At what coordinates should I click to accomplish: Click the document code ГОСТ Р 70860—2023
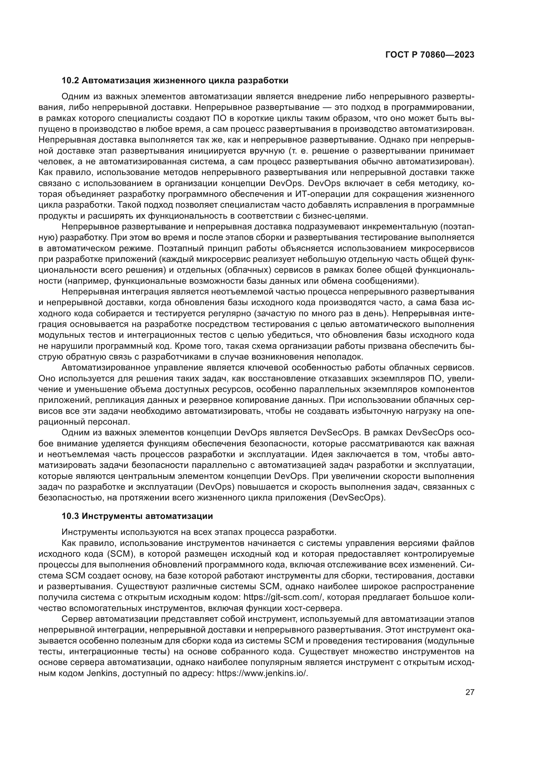tap(430, 55)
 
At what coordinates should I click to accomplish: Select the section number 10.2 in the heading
tap(70, 81)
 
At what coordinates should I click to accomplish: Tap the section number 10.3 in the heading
tap(70, 516)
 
